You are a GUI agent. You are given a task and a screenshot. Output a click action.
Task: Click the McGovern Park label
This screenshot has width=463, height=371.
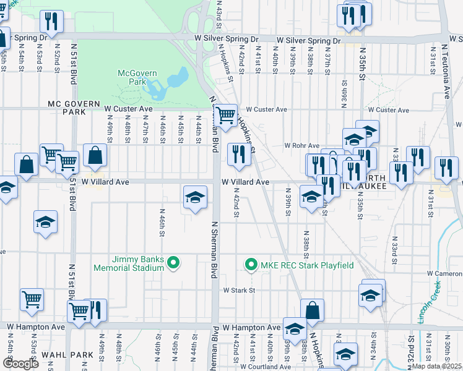point(137,77)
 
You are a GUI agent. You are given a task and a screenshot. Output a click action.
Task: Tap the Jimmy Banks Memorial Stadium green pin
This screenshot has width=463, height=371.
point(174,264)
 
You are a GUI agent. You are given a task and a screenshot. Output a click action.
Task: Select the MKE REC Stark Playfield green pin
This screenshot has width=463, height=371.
point(251,265)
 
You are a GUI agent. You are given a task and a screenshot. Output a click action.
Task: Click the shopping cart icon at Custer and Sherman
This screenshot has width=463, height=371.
point(227,114)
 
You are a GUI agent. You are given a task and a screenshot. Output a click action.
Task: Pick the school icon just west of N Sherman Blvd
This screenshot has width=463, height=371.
point(195,197)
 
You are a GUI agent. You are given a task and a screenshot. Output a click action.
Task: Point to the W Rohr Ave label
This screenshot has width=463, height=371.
point(301,146)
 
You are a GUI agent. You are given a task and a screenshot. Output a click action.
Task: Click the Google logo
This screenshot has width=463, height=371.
point(20,364)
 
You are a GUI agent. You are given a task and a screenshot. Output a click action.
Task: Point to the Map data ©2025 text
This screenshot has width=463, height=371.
point(436,366)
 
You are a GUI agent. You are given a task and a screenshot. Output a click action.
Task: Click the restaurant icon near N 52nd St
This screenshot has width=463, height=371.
point(51,22)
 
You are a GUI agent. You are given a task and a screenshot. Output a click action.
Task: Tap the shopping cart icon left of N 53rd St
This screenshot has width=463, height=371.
point(32,300)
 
